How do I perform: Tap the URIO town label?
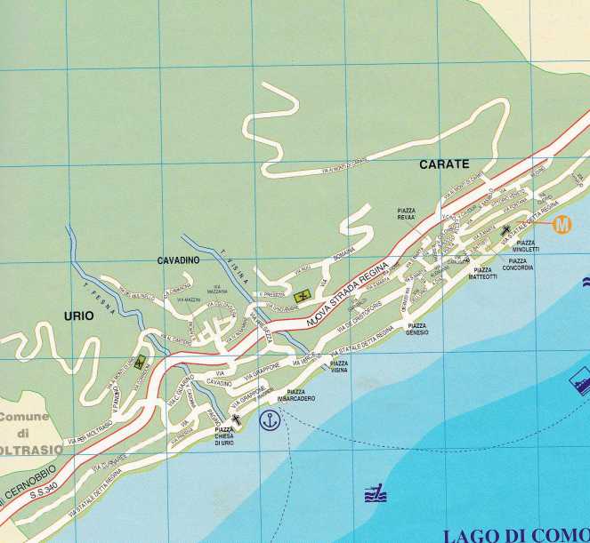point(79,315)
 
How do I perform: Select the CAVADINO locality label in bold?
point(179,260)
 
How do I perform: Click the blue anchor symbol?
point(269,421)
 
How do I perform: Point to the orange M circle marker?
point(562,225)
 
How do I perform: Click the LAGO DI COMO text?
point(514,534)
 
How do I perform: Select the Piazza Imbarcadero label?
point(296,395)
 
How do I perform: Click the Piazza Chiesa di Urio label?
point(230,436)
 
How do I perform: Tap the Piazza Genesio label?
point(417,329)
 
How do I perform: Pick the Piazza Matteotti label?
point(485,274)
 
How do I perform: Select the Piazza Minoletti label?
point(527,245)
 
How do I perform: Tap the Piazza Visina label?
point(338,367)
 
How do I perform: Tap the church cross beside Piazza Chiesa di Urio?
point(236,419)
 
